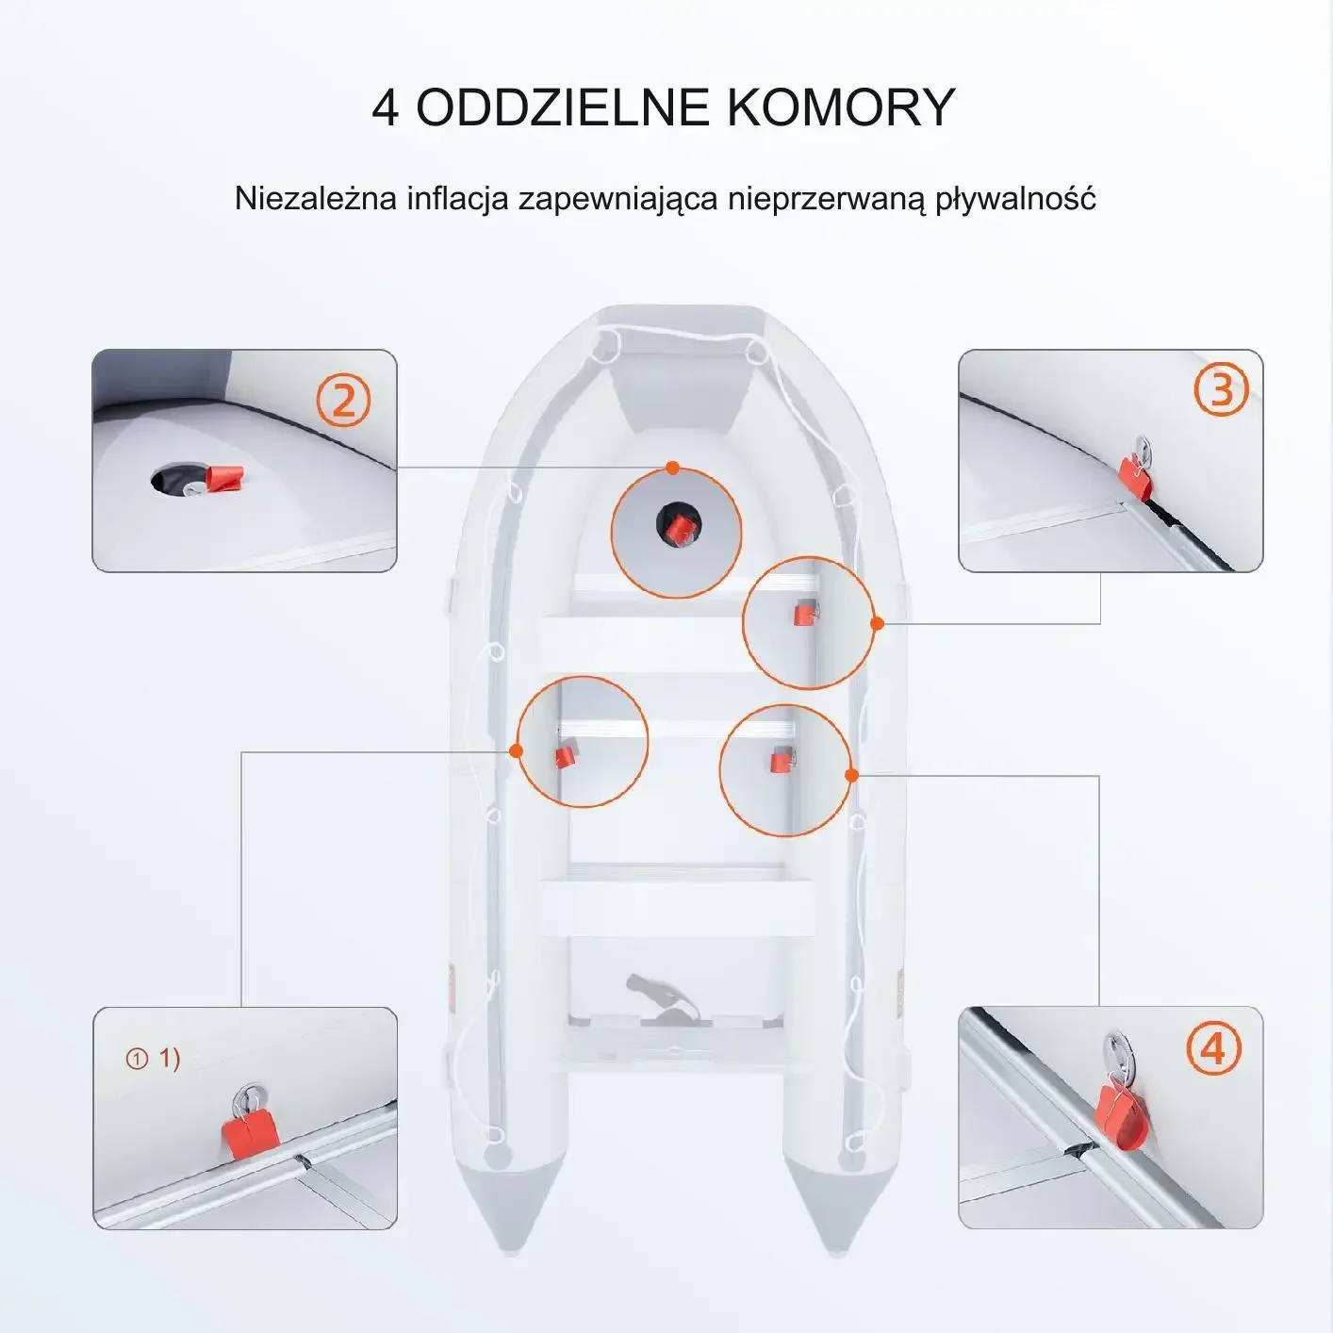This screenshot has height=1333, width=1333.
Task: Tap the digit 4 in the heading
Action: pyautogui.click(x=386, y=107)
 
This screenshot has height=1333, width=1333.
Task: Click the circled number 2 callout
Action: pyautogui.click(x=344, y=401)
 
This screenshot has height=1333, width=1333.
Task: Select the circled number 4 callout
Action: pyautogui.click(x=1214, y=1049)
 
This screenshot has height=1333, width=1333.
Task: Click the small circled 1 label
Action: pyautogui.click(x=137, y=1059)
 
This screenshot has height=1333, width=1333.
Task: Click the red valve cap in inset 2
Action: pyautogui.click(x=224, y=478)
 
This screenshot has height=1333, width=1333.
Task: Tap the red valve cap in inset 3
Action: pyautogui.click(x=1134, y=474)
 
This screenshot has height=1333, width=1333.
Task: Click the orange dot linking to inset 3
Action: pyautogui.click(x=878, y=623)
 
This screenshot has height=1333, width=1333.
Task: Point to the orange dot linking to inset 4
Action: pyautogui.click(x=852, y=776)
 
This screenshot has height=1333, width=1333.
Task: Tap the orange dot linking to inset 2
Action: pyautogui.click(x=672, y=469)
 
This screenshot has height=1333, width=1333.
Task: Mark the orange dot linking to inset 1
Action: pyautogui.click(x=516, y=750)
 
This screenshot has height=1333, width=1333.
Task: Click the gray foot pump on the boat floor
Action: pyautogui.click(x=666, y=997)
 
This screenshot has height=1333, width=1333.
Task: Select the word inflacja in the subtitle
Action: pyautogui.click(x=458, y=199)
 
